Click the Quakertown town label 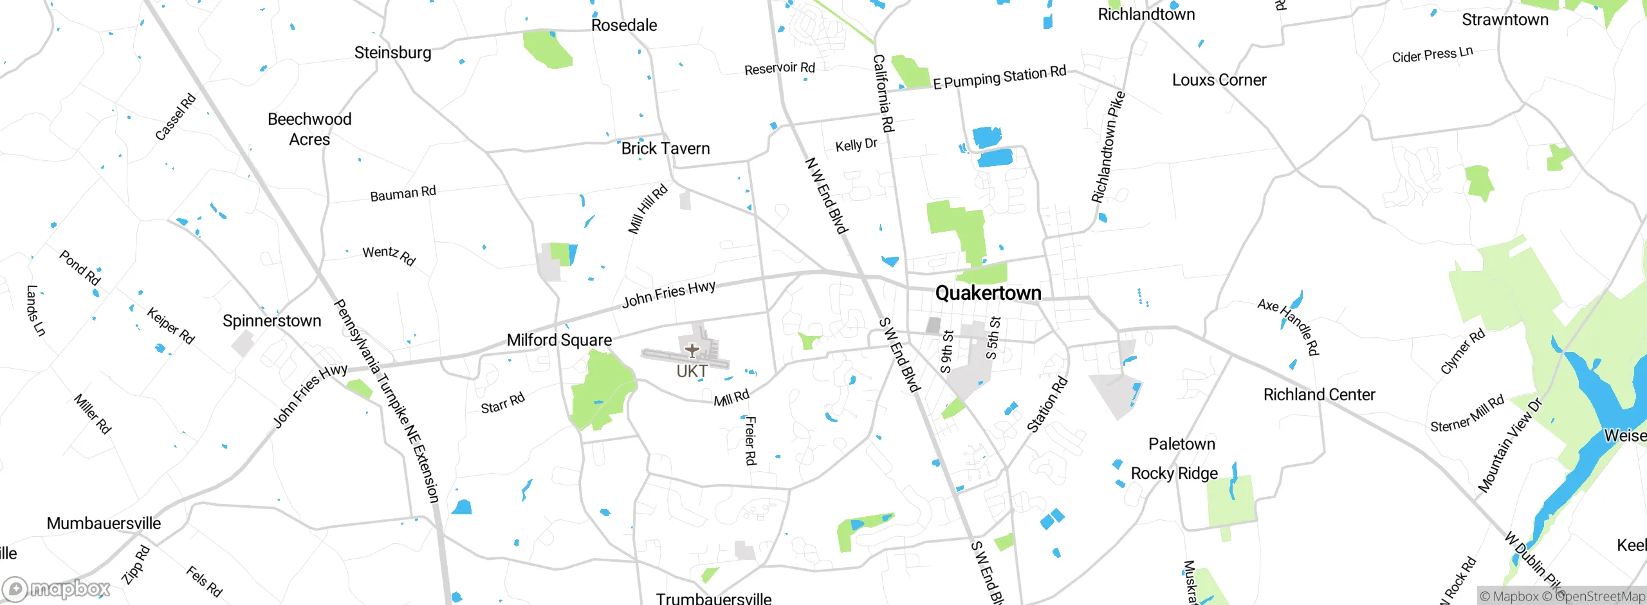tap(988, 293)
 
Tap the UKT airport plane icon tap(692, 351)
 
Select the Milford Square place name tap(559, 340)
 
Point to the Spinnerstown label tap(271, 321)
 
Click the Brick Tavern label tap(665, 149)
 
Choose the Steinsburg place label tap(392, 52)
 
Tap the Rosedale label tap(624, 25)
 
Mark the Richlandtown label tap(1146, 14)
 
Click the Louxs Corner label tap(1219, 80)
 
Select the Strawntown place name tap(1505, 19)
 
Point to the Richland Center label tap(1319, 395)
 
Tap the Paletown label tap(1182, 444)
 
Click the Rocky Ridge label tap(1174, 474)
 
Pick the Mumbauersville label tap(104, 523)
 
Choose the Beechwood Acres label tap(309, 129)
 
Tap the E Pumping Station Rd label tap(999, 78)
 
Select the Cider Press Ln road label tap(1432, 55)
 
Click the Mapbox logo tap(57, 588)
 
